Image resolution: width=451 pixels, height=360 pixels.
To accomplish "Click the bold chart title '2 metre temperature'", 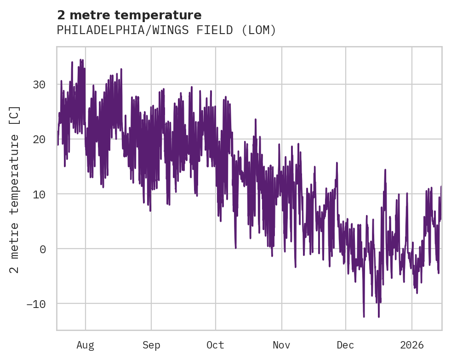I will (x=129, y=15).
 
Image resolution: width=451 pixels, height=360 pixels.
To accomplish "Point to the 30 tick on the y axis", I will (x=39, y=85).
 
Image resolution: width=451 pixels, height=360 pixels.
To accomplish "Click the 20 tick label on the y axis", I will (x=39, y=139).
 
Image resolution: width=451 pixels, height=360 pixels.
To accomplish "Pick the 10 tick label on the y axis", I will (x=39, y=194).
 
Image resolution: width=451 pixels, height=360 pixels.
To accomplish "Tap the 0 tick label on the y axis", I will (x=42, y=249).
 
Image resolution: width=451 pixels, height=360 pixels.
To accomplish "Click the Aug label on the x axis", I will (x=85, y=345).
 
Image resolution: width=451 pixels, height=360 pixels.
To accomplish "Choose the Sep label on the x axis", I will (x=151, y=345).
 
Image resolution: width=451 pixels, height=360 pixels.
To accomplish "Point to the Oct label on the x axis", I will (x=215, y=345).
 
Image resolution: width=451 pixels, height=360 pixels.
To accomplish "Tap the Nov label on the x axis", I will (x=281, y=345).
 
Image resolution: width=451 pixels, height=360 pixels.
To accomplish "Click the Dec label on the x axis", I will (x=345, y=345).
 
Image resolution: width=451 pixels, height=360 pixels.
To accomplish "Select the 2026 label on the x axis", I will (x=412, y=345).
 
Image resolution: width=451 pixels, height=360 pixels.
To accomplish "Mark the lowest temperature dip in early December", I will (x=364, y=317).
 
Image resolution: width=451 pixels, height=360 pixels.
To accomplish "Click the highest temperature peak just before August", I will (x=80, y=59).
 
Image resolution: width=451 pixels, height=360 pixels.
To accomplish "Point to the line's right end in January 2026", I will (x=441, y=187).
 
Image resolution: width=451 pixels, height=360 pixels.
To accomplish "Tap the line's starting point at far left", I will (x=58, y=145).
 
